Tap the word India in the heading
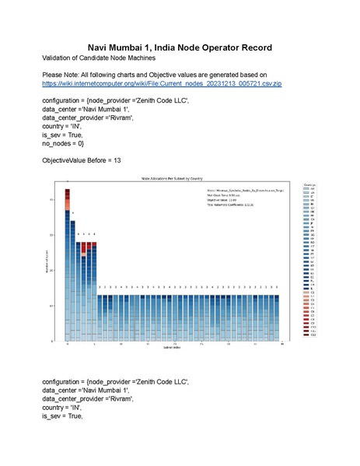coord(164,47)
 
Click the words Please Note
coord(61,75)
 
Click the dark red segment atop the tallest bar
coord(68,192)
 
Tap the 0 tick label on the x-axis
coord(68,342)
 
